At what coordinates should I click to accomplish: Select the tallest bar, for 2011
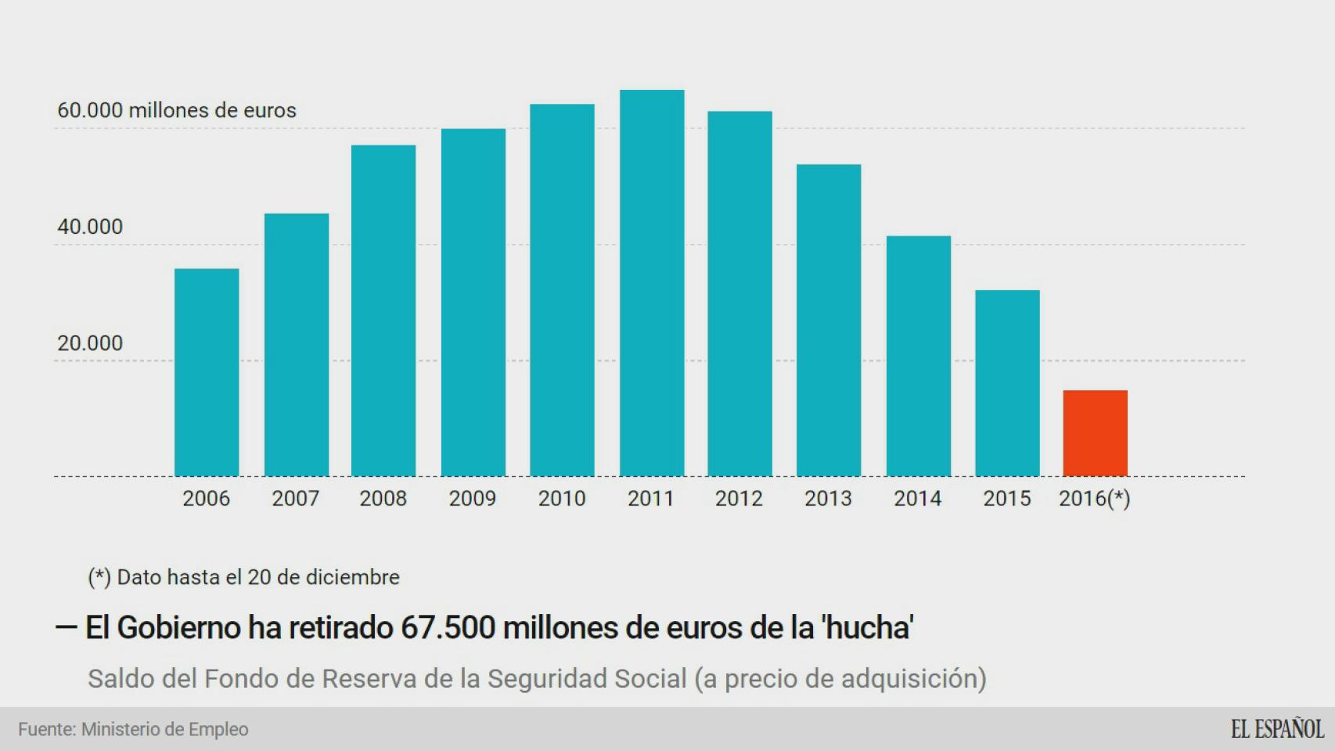[x=652, y=282]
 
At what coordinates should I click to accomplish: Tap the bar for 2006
[x=207, y=372]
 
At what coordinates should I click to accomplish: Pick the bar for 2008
[x=383, y=310]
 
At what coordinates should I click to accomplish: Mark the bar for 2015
[x=1007, y=383]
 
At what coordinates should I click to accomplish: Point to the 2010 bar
[x=562, y=289]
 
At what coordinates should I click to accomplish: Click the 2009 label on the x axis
[x=472, y=498]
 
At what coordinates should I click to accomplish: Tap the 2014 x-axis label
[x=917, y=498]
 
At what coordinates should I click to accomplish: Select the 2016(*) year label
[x=1094, y=498]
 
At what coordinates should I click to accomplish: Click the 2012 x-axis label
[x=739, y=498]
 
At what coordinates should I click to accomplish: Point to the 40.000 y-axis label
[x=90, y=227]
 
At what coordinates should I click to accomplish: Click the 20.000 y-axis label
[x=90, y=343]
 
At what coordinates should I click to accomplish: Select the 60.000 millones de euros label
[x=177, y=110]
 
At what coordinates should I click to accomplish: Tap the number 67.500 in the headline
[x=448, y=627]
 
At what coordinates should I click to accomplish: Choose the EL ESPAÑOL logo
[x=1277, y=729]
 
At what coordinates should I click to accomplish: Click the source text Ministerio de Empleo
[x=165, y=729]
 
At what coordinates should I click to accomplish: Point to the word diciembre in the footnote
[x=352, y=577]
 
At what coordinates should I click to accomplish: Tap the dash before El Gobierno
[x=66, y=627]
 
